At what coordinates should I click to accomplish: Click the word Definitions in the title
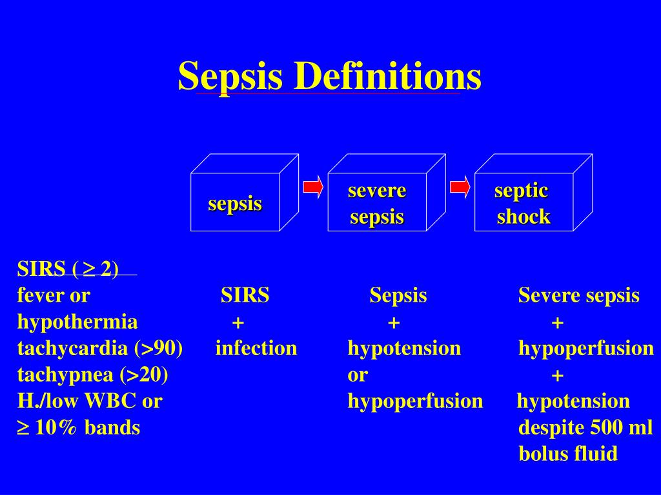tap(387, 76)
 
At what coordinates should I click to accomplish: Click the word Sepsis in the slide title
tap(230, 76)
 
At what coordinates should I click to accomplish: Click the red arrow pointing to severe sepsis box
tap(313, 187)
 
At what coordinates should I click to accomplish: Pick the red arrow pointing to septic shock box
tap(460, 187)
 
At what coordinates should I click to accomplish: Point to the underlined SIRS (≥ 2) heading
tap(68, 269)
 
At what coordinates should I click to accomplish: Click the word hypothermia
tap(77, 322)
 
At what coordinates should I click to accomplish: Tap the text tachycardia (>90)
tap(100, 349)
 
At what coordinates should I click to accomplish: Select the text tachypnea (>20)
tap(93, 374)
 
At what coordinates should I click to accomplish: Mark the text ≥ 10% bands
tap(79, 427)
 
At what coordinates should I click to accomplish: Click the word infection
tap(256, 349)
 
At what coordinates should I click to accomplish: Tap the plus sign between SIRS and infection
tap(238, 322)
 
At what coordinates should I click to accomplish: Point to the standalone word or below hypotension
tap(358, 374)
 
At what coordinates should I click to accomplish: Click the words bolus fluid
tap(568, 454)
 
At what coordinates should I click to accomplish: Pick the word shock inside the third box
tap(524, 217)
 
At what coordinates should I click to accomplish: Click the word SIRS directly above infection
tap(245, 296)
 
